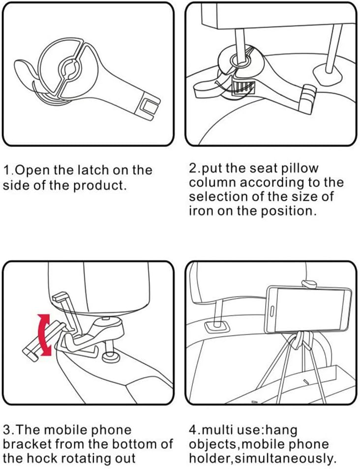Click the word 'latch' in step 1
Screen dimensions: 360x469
[93, 170]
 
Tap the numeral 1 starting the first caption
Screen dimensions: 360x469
[7, 170]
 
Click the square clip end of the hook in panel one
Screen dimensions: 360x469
[148, 105]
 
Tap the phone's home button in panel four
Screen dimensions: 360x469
[272, 312]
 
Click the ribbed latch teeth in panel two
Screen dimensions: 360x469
[243, 88]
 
